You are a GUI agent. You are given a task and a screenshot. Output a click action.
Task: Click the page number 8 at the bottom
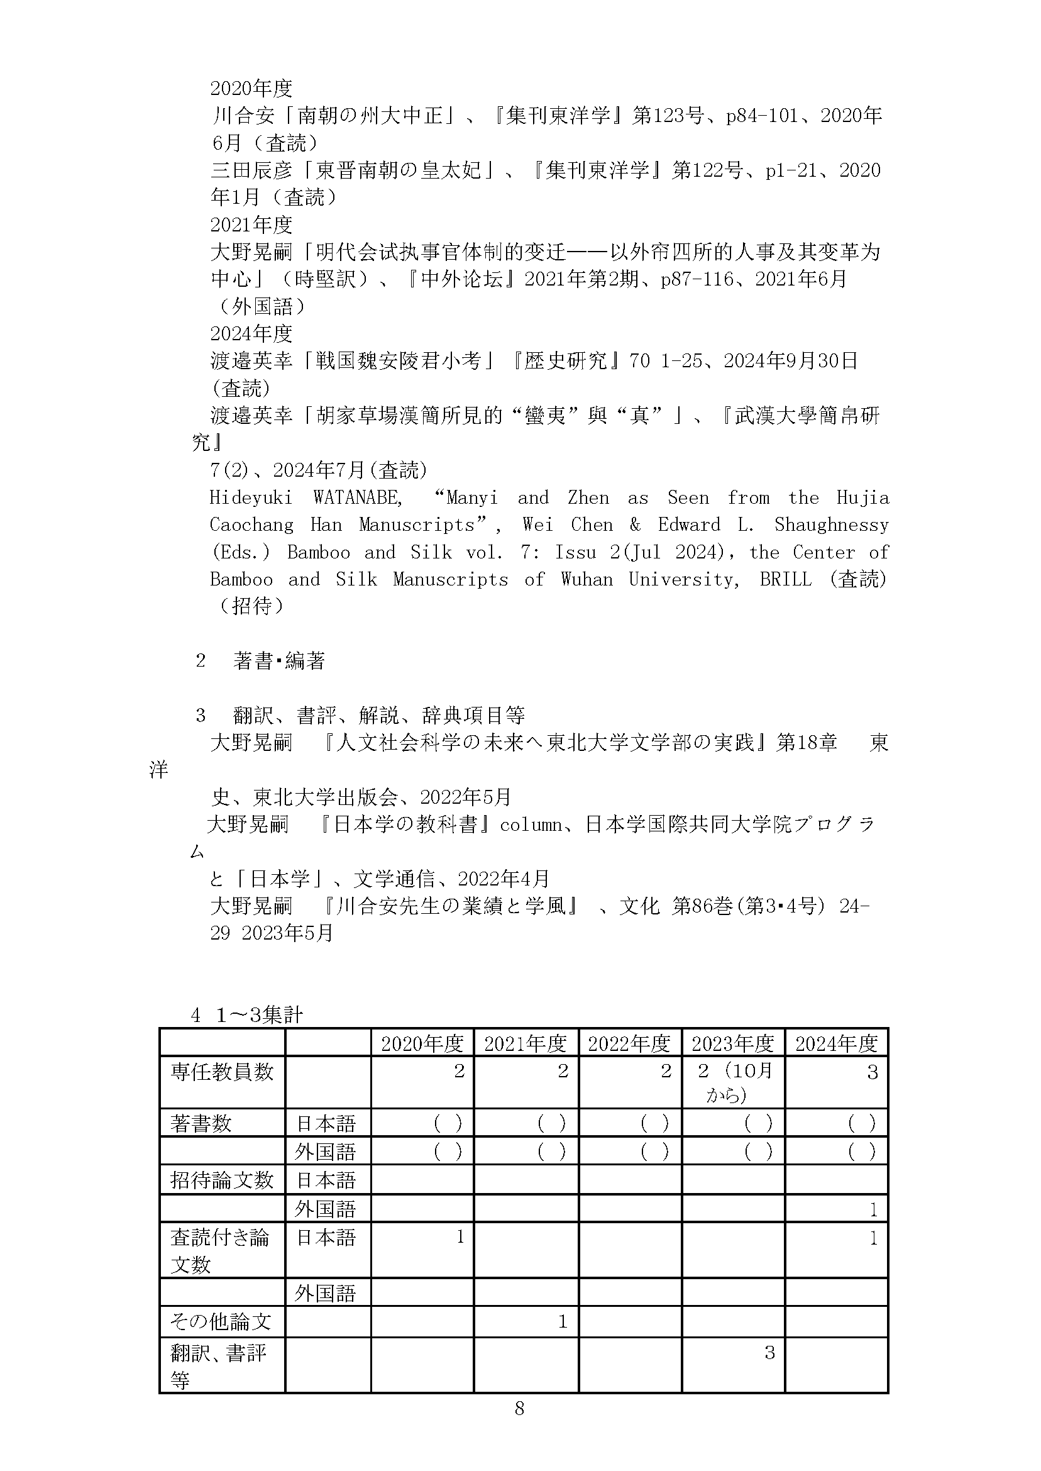519,1408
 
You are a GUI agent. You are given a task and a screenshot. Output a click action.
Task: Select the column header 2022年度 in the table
629,1044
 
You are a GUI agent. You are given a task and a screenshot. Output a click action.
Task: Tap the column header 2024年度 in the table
836,1044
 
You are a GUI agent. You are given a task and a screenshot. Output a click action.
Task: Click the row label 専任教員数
222,1072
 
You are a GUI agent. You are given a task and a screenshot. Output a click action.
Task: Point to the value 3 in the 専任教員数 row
872,1072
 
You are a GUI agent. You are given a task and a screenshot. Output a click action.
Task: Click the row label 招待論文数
222,1180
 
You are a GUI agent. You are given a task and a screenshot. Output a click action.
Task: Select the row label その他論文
221,1321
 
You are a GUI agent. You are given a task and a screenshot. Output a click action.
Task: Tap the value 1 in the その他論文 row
562,1321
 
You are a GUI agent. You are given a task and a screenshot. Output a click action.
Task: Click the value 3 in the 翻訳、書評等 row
769,1352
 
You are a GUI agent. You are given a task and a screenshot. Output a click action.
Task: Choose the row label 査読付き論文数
219,1250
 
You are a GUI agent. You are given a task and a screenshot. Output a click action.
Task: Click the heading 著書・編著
279,660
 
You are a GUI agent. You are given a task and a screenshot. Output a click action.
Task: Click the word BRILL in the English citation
785,579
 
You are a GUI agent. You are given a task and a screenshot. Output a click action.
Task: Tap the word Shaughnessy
832,525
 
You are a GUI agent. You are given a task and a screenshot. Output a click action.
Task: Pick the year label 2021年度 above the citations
251,225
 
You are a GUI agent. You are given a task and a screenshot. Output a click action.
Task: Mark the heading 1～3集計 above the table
259,1015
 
